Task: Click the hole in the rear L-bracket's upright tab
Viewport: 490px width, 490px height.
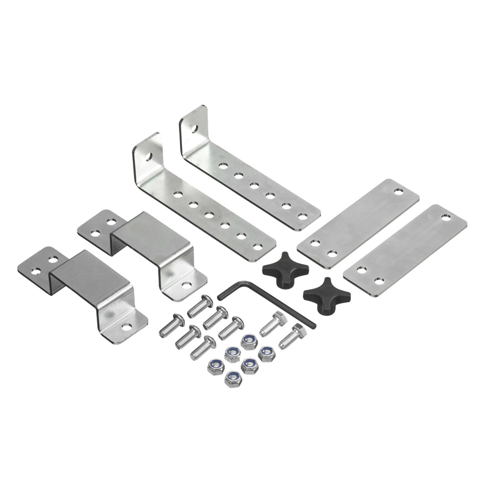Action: (x=194, y=129)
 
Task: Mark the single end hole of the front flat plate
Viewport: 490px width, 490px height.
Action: (x=446, y=217)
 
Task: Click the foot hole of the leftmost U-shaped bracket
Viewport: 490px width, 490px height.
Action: (x=126, y=326)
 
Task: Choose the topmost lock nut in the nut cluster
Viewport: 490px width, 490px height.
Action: (x=249, y=341)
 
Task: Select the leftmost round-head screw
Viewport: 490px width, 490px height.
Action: (x=171, y=325)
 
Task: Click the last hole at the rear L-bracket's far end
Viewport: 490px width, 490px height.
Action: (x=302, y=216)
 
